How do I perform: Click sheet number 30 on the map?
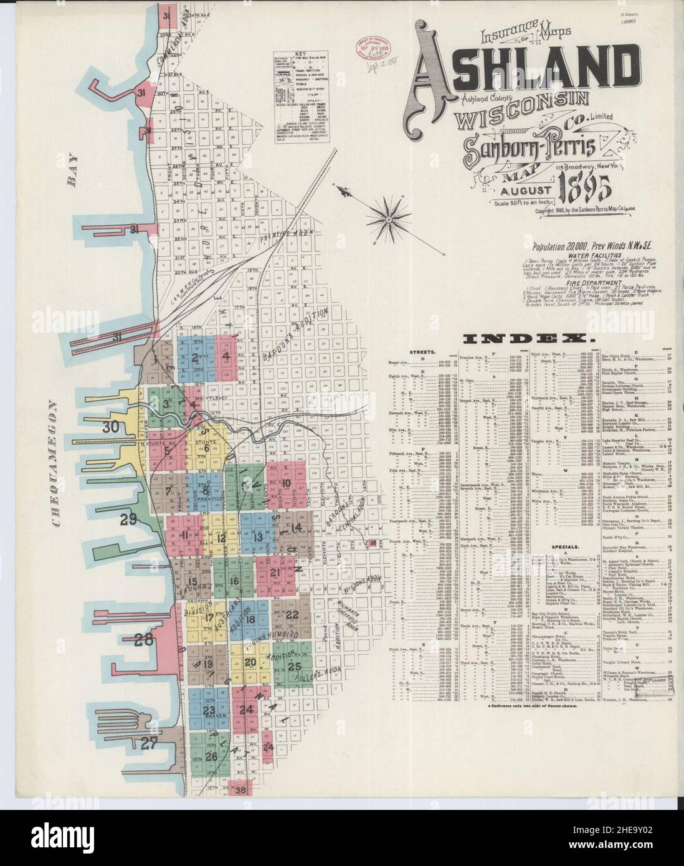pyautogui.click(x=111, y=427)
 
